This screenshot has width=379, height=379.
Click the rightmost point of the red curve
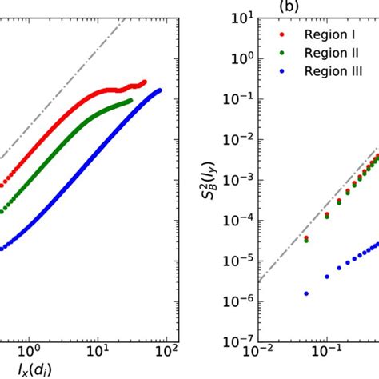point(144,82)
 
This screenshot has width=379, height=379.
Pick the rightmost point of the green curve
point(130,100)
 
